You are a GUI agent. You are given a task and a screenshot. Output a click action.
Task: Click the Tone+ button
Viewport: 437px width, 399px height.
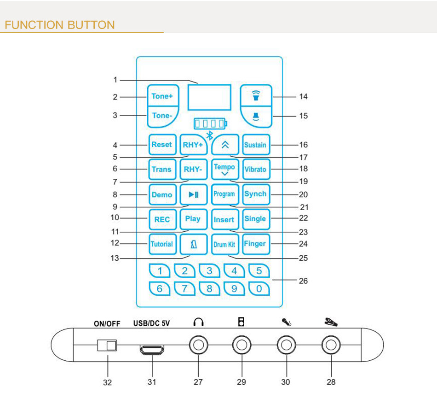coord(161,96)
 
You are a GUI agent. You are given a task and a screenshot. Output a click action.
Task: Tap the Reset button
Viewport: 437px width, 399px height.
coord(161,145)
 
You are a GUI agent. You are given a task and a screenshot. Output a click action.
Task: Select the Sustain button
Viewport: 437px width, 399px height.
coord(255,145)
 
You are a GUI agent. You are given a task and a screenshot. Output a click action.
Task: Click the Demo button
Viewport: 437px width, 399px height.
coord(161,194)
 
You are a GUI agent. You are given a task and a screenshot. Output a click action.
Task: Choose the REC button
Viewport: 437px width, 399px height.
coord(161,219)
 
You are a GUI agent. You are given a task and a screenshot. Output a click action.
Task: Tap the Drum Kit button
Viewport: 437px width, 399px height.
coord(224,244)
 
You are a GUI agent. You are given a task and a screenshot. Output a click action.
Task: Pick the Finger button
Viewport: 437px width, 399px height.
coord(255,244)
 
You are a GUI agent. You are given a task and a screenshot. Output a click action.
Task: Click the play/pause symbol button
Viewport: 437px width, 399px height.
coord(193,194)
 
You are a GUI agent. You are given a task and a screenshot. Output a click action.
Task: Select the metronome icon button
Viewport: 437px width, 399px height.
coord(193,244)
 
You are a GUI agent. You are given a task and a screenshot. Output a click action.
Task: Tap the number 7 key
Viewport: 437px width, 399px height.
coord(184,289)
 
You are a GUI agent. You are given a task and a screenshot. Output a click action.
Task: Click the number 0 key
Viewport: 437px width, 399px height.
coord(259,289)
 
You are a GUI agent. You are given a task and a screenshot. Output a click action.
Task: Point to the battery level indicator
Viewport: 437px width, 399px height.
coord(210,123)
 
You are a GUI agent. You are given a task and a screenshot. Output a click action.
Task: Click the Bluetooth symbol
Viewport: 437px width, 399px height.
coord(209,135)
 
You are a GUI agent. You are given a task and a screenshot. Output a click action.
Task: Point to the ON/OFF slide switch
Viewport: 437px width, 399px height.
coord(107,345)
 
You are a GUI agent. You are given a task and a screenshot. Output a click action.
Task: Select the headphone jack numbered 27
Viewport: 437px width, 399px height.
coord(198,345)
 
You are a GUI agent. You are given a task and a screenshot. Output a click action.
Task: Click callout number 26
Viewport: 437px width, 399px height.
coord(303,281)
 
